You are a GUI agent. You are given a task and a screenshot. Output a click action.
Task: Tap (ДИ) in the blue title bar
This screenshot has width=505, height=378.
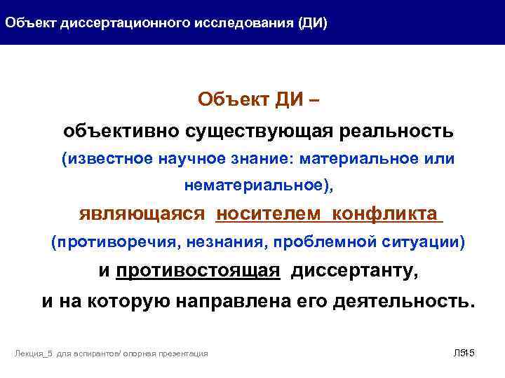point(311,22)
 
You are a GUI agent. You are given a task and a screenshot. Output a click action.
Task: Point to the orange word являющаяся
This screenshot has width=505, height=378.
point(142,213)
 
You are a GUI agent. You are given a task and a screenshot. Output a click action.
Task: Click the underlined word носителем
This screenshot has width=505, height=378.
point(271,213)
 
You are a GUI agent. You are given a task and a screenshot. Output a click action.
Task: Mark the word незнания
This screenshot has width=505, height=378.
point(227,242)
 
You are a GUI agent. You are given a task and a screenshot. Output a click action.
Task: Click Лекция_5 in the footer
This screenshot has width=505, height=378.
point(36,354)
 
